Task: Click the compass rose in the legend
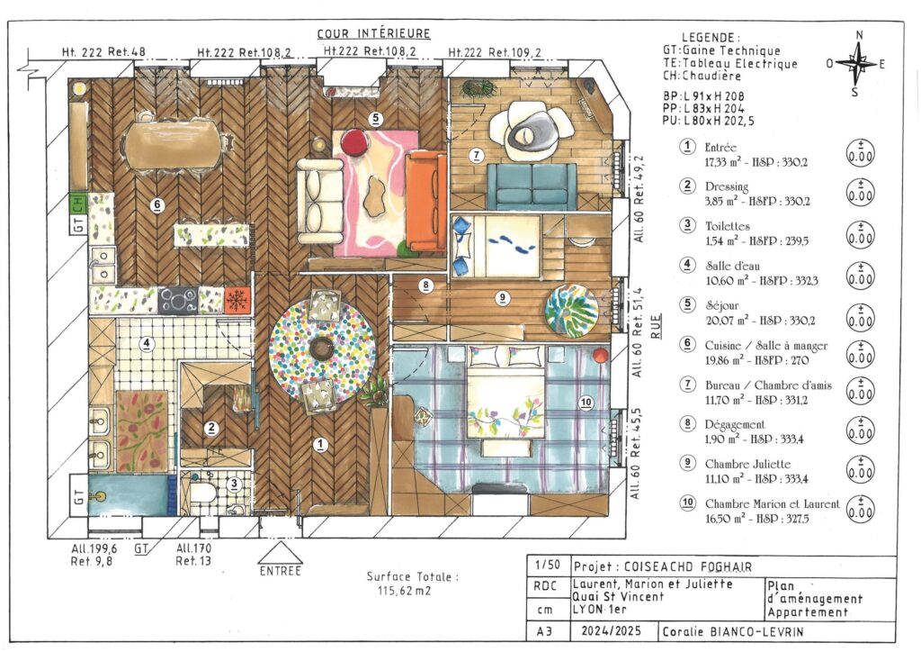point(859,63)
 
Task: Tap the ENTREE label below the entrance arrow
point(280,571)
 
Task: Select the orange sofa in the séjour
point(425,202)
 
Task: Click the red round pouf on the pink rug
point(356,141)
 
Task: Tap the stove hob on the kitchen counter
point(179,299)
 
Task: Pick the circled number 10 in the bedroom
point(586,402)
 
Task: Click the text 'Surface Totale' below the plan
point(412,577)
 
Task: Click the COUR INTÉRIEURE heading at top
point(373,34)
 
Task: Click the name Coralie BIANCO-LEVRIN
point(729,632)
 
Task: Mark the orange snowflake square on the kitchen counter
point(237,299)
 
